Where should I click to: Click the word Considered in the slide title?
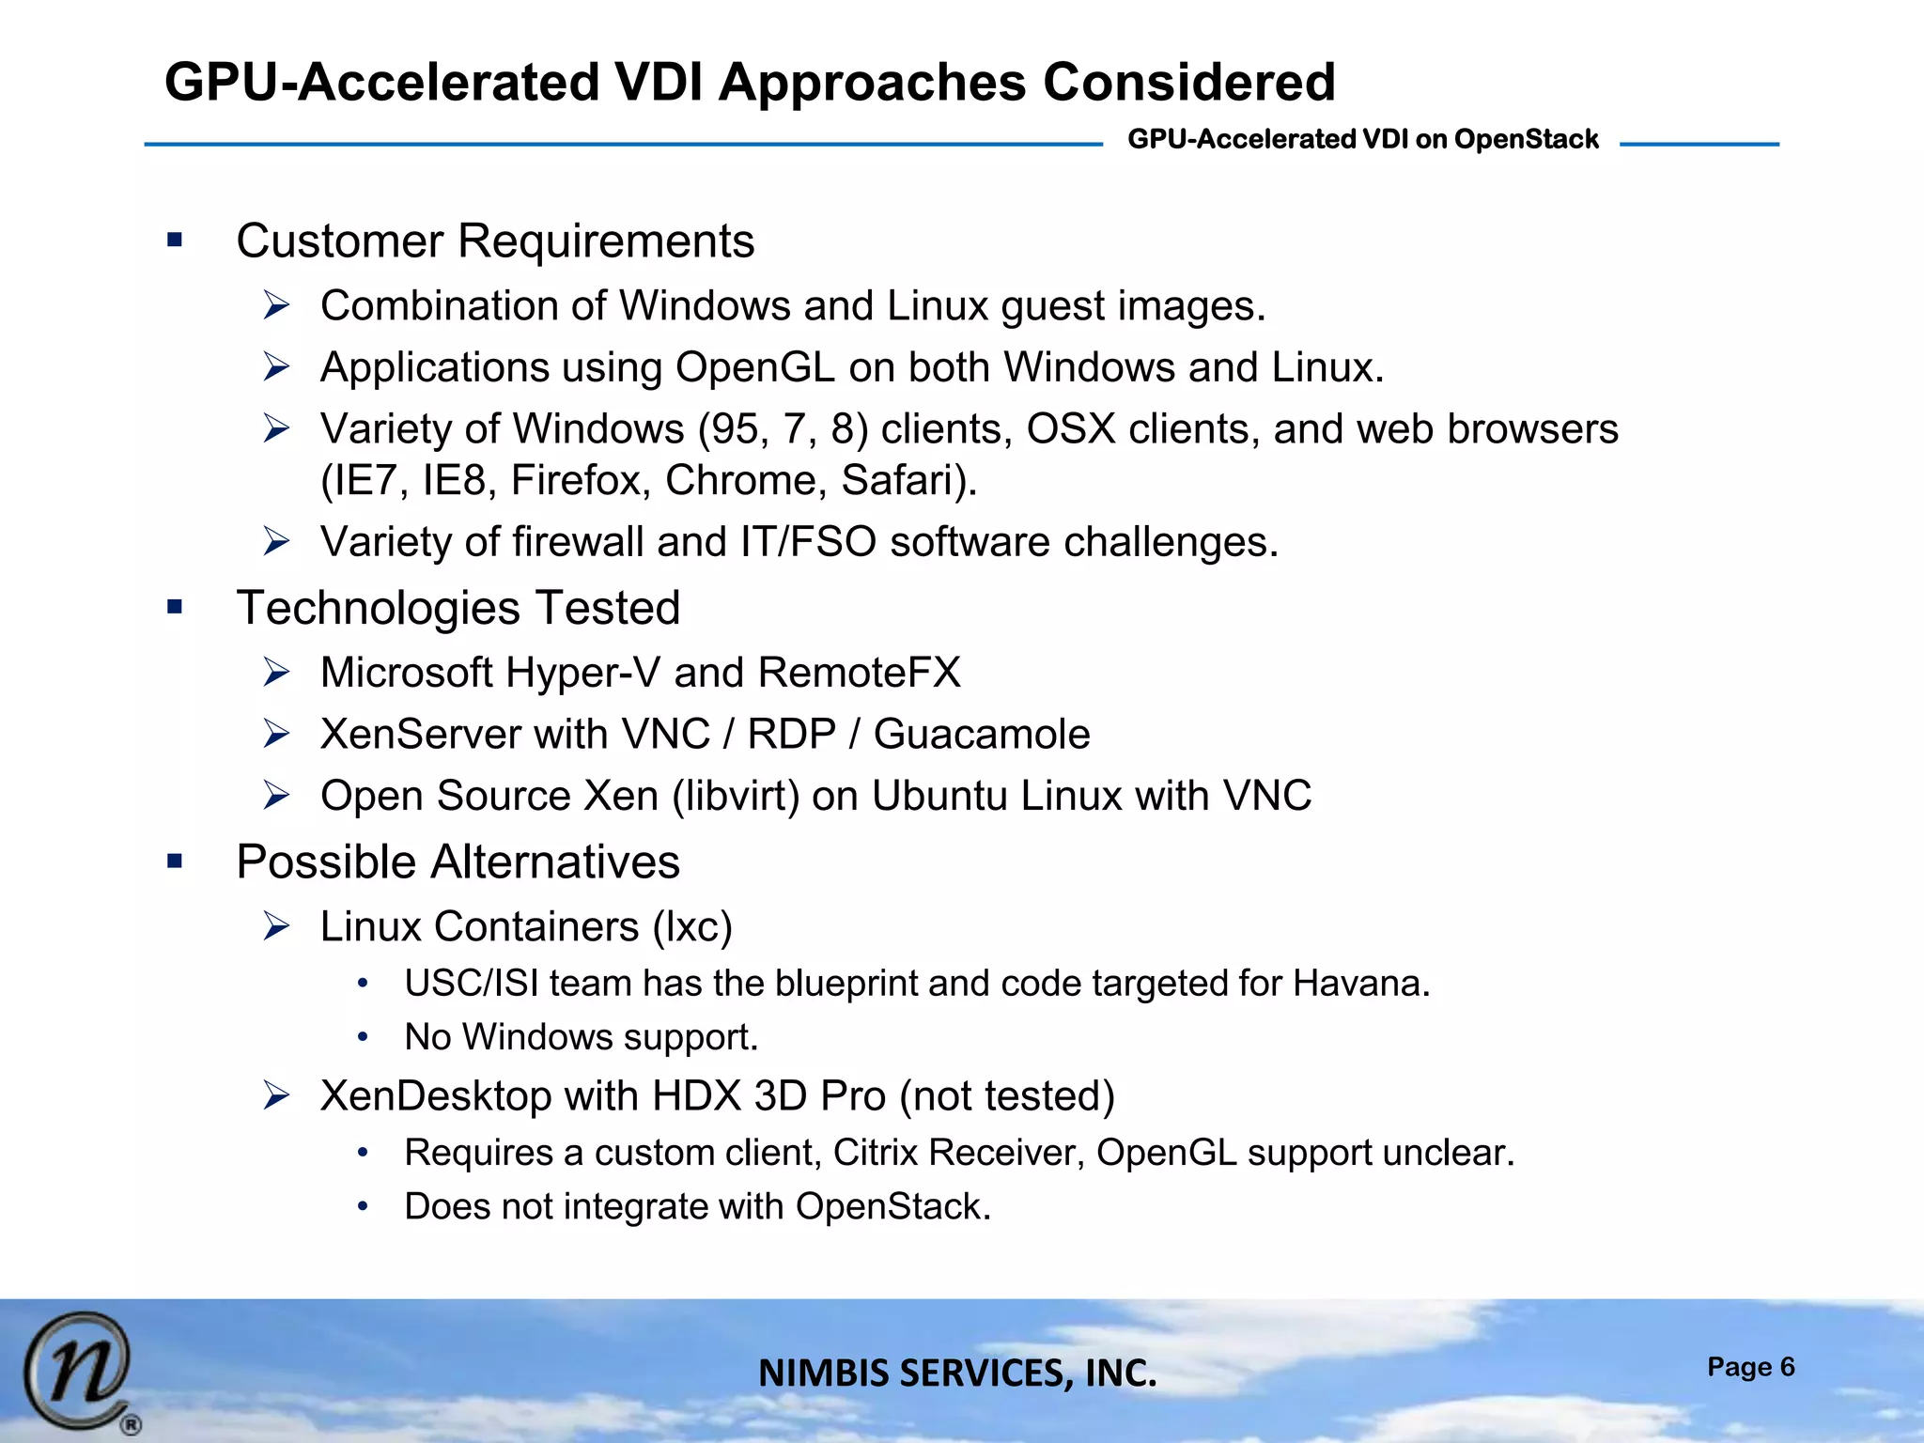1188,82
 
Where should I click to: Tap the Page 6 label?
1750,1367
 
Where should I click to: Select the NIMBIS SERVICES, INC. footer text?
957,1373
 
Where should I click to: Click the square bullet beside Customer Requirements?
175,240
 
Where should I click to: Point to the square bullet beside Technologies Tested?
175,608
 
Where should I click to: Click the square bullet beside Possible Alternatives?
175,861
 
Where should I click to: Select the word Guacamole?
982,735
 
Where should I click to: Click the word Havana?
1359,984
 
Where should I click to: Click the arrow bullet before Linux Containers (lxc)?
276,927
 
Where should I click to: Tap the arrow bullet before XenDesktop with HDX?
276,1096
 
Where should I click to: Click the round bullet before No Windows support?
363,1038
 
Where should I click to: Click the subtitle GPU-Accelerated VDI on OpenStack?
1362,139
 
